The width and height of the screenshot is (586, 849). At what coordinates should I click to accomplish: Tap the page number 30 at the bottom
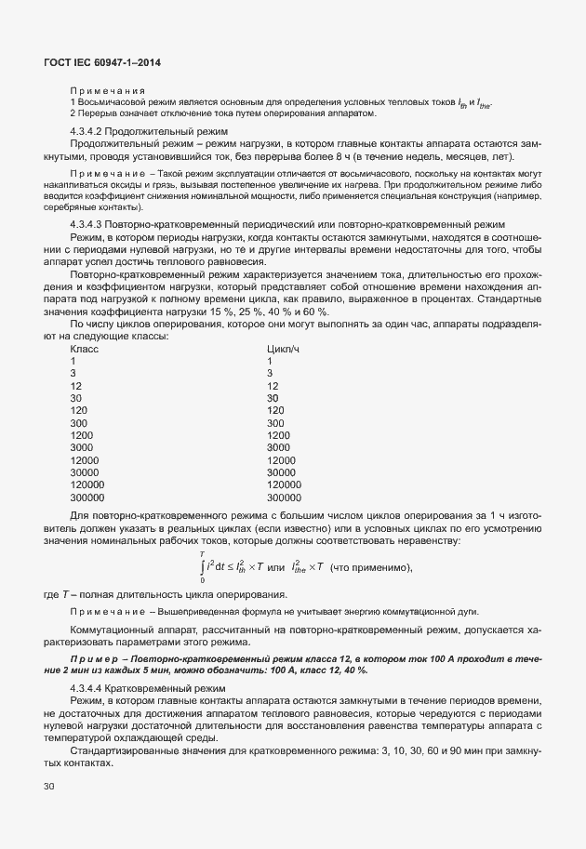(48, 787)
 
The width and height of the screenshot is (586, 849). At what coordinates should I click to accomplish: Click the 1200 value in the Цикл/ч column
(278, 434)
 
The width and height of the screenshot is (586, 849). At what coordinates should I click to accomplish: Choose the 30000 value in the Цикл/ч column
(281, 471)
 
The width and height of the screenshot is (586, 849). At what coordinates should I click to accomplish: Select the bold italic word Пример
(91, 657)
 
